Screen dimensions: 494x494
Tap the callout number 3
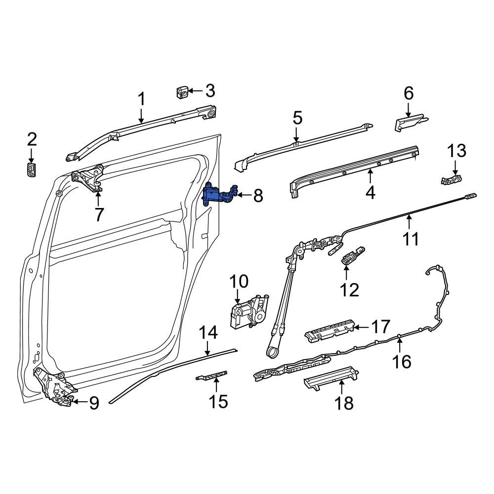(x=210, y=91)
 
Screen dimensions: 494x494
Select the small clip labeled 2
(x=31, y=170)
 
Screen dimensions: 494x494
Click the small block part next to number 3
(x=182, y=91)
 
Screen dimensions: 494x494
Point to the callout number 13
(x=457, y=151)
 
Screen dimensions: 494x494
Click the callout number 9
(x=94, y=403)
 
